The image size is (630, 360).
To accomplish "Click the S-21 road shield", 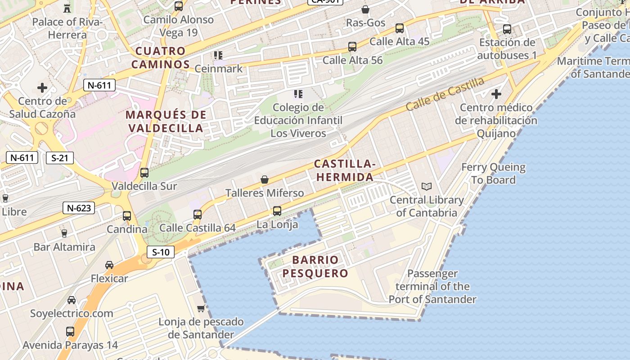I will pyautogui.click(x=59, y=157).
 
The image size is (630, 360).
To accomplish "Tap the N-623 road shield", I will pyautogui.click(x=79, y=207).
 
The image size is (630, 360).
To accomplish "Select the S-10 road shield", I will pyautogui.click(x=161, y=252).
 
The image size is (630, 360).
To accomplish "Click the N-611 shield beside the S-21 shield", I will pyautogui.click(x=22, y=157).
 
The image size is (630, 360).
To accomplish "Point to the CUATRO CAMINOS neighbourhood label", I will pyautogui.click(x=161, y=58).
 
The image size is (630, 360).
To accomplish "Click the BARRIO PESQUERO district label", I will pyautogui.click(x=315, y=266).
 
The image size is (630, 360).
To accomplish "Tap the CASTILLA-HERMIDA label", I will pyautogui.click(x=345, y=170).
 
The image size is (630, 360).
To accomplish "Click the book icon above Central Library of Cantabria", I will pyautogui.click(x=426, y=186).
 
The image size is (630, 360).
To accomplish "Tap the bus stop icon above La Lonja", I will pyautogui.click(x=277, y=211).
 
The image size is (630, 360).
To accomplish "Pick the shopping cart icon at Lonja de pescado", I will pyautogui.click(x=201, y=308).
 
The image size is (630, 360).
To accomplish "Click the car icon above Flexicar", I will pyautogui.click(x=109, y=265).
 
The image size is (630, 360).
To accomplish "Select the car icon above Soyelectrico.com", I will pyautogui.click(x=72, y=300).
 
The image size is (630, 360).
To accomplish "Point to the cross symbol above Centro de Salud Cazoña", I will pyautogui.click(x=42, y=87).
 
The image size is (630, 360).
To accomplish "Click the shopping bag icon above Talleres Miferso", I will pyautogui.click(x=265, y=180).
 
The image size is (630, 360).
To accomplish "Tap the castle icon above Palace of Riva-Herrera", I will pyautogui.click(x=67, y=8).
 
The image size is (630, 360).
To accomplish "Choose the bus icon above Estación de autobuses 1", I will pyautogui.click(x=507, y=29).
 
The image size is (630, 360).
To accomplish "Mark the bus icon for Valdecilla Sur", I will pyautogui.click(x=144, y=172).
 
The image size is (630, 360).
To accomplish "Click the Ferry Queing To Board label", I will pyautogui.click(x=493, y=174).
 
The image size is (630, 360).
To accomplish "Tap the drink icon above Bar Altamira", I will pyautogui.click(x=64, y=233).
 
